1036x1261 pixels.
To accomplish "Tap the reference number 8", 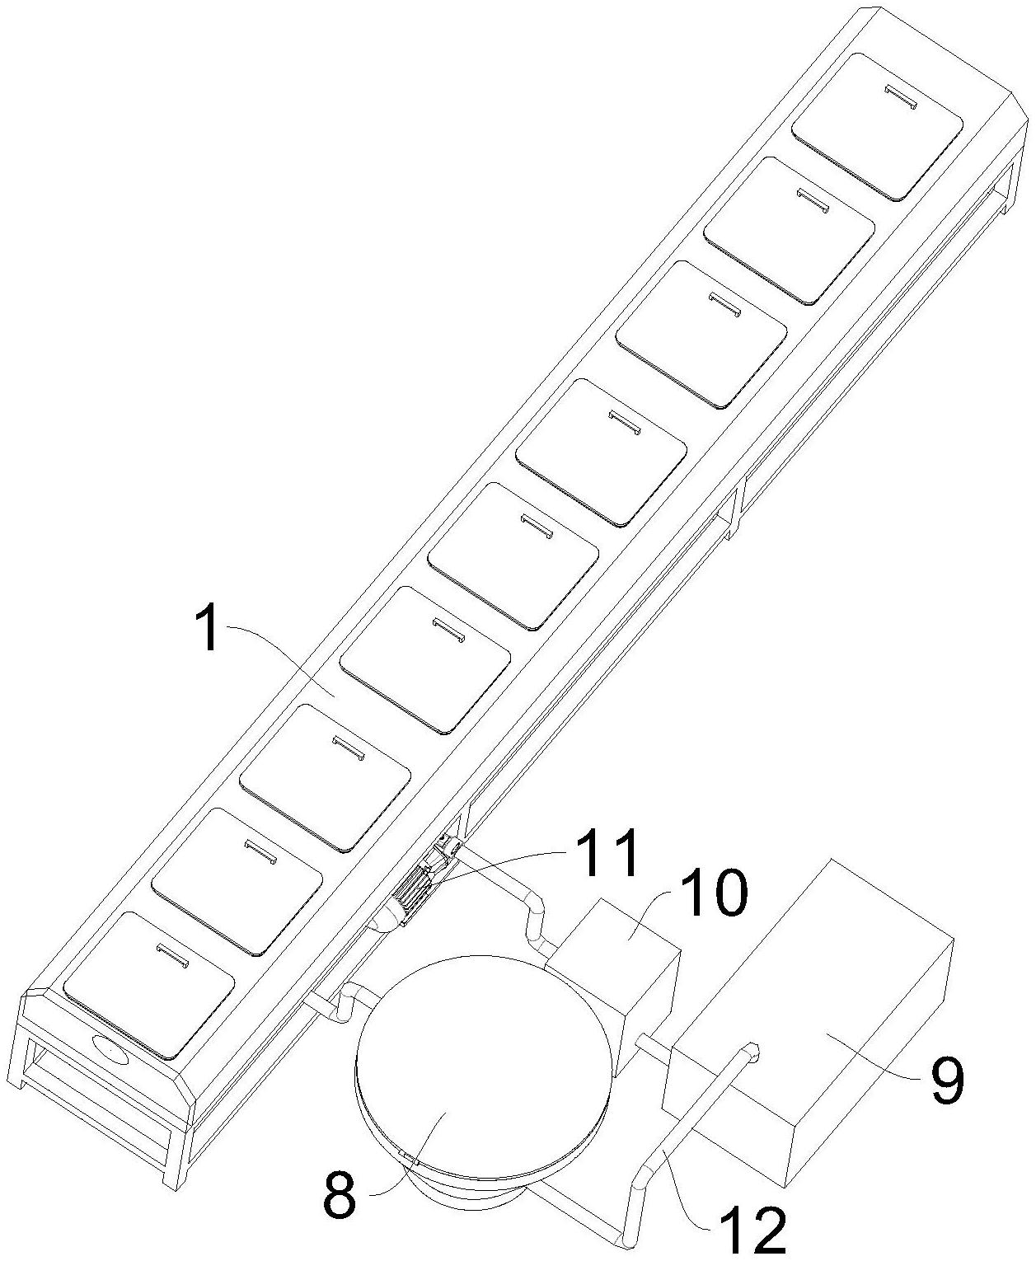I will point(340,1196).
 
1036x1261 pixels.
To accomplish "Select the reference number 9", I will point(946,1080).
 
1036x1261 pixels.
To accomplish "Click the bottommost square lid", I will point(149,984).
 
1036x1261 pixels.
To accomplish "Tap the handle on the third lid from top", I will point(726,303).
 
